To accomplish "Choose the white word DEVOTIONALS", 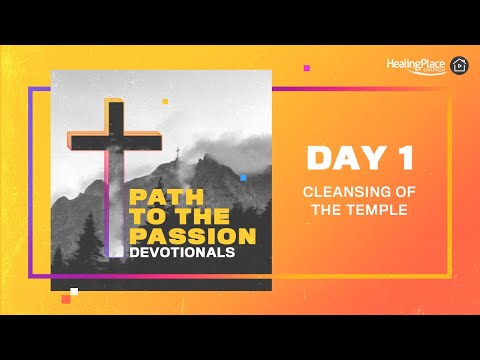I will pos(182,253).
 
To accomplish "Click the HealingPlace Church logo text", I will pos(416,63).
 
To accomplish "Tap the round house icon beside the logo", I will pos(460,65).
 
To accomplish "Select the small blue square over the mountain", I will pos(242,178).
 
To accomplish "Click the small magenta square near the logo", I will pos(306,68).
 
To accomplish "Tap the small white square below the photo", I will pos(74,291).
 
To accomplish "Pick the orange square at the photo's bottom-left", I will pos(66,299).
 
